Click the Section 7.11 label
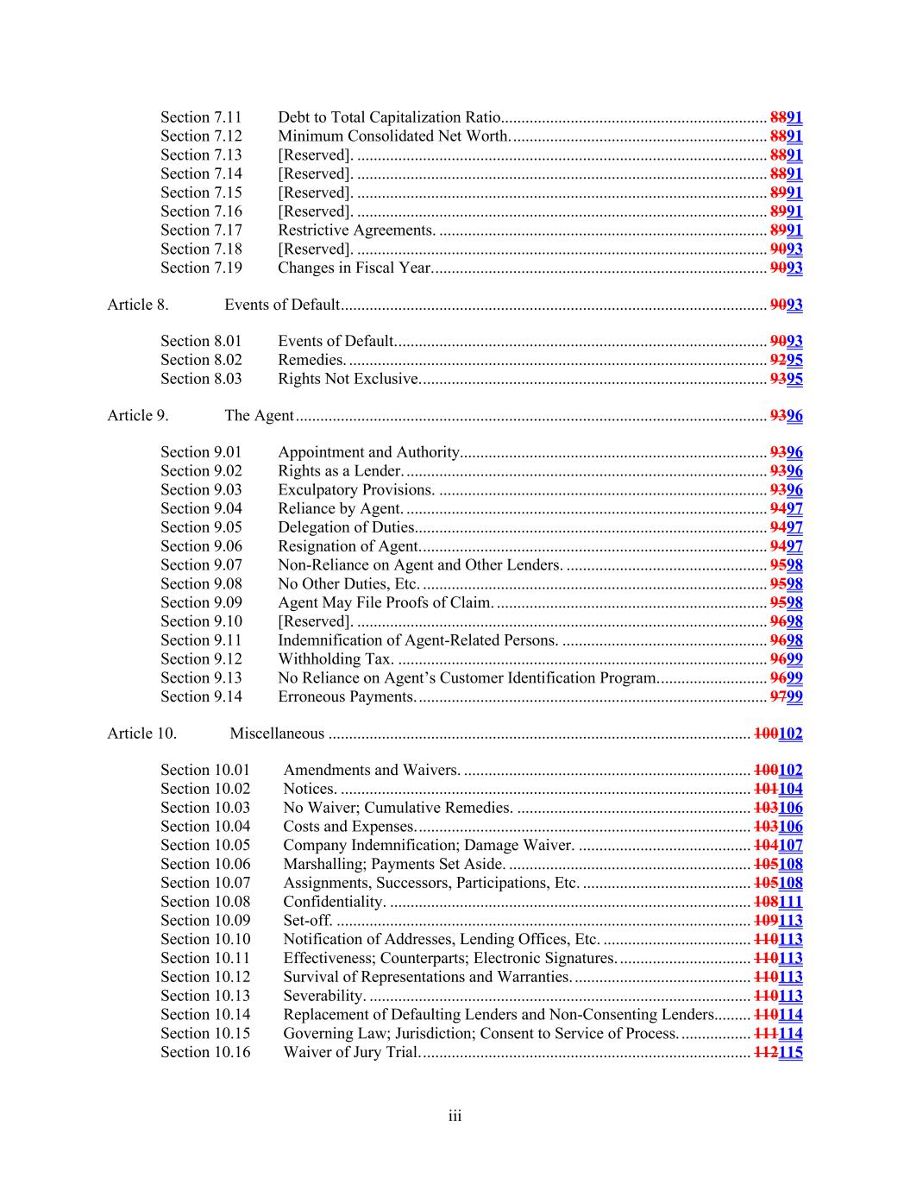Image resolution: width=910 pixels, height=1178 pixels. [x=201, y=117]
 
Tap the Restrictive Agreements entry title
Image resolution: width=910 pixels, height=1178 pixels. [x=356, y=230]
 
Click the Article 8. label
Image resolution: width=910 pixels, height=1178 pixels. [x=138, y=305]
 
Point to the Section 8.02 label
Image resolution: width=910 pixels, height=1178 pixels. [x=201, y=360]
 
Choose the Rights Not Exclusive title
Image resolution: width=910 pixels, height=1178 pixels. [x=348, y=379]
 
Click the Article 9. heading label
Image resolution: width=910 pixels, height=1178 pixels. [x=138, y=416]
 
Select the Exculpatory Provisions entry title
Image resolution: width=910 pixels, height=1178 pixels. [x=356, y=490]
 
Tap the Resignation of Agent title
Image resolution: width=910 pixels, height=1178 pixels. [x=348, y=546]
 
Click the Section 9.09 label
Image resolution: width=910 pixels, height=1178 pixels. [x=201, y=602]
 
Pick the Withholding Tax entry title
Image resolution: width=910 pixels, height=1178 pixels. [x=336, y=659]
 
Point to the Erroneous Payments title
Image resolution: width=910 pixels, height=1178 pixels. [x=347, y=696]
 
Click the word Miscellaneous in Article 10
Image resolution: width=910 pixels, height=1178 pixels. [x=277, y=734]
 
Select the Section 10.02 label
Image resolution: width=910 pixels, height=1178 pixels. [x=205, y=789]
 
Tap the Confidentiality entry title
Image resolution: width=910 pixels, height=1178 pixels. [x=335, y=902]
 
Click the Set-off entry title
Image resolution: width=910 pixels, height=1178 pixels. [x=308, y=921]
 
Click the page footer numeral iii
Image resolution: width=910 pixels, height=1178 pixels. [x=455, y=1117]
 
